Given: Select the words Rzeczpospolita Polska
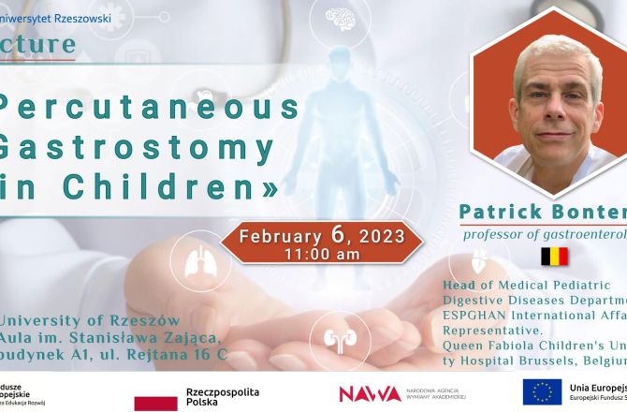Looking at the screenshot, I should (x=224, y=396).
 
